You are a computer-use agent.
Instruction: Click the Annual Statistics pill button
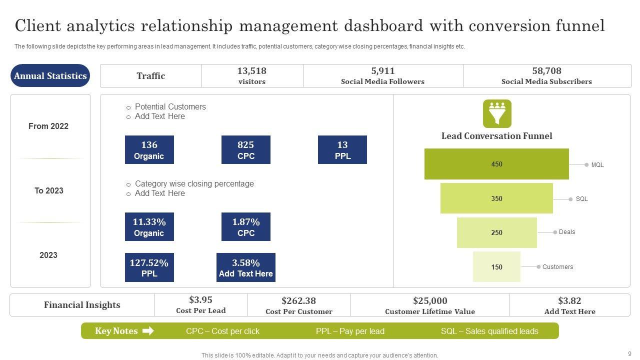point(50,76)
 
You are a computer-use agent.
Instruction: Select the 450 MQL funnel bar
point(496,164)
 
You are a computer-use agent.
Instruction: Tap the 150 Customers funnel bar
point(496,267)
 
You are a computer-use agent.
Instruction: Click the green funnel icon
point(497,113)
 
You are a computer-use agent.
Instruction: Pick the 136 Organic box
point(149,150)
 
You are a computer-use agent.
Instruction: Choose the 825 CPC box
point(245,150)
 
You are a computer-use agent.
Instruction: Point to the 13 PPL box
point(342,150)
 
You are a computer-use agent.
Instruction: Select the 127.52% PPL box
point(149,267)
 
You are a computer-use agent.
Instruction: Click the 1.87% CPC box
point(245,227)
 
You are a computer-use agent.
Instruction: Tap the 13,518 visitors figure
point(251,71)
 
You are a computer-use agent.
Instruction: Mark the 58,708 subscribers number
point(546,71)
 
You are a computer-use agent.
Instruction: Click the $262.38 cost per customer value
point(298,300)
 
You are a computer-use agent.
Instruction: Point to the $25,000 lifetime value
point(430,300)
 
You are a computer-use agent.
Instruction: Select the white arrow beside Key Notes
point(148,331)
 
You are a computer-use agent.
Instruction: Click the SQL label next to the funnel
point(581,199)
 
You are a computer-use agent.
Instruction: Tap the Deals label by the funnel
point(567,232)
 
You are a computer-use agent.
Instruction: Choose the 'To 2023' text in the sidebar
point(48,190)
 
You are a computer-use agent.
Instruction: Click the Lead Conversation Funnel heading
point(496,136)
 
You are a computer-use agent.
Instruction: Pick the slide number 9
point(629,353)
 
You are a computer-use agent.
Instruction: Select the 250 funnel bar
point(496,232)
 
